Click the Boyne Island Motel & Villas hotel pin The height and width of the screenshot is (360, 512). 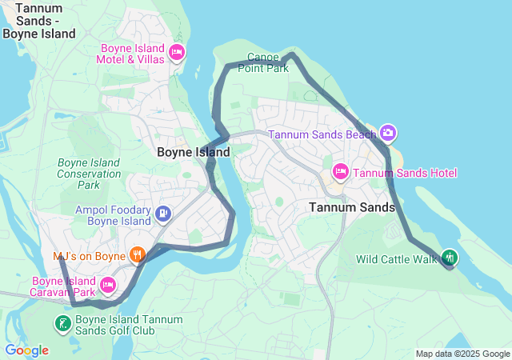click(177, 54)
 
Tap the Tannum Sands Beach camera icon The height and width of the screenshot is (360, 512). click(388, 133)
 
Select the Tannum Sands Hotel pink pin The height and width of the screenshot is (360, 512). click(340, 172)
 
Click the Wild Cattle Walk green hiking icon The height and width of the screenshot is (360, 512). click(450, 258)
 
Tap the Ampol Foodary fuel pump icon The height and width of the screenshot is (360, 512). click(163, 214)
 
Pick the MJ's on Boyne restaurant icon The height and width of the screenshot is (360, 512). click(138, 255)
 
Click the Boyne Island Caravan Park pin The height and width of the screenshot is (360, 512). click(109, 284)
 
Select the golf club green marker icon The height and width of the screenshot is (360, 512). click(62, 324)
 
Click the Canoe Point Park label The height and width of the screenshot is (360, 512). click(262, 63)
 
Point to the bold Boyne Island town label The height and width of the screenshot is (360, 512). click(193, 152)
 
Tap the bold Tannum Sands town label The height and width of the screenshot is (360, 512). click(351, 207)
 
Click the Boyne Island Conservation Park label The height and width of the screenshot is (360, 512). click(89, 174)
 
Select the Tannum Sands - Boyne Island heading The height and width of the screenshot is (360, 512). click(38, 21)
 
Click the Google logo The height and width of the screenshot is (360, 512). click(26, 350)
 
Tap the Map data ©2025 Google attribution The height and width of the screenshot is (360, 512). click(462, 354)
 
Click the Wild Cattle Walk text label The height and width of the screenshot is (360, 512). click(396, 259)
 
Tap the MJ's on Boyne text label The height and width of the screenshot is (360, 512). click(90, 257)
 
